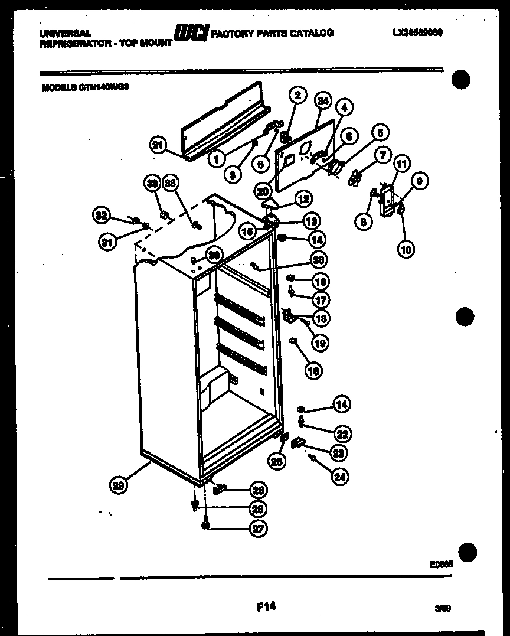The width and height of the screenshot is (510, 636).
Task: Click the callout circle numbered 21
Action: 158,145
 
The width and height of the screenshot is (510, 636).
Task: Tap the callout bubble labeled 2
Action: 297,94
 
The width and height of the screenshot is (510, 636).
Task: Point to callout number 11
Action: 401,165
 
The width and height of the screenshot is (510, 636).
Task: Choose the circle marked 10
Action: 406,249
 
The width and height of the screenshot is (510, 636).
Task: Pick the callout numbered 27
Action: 257,529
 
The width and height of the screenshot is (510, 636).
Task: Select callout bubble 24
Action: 339,477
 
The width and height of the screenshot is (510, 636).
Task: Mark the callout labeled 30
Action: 214,255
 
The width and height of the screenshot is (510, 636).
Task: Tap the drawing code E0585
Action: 442,564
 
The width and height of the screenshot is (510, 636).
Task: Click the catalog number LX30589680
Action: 417,33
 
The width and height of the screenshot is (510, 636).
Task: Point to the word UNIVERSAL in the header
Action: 65,34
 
